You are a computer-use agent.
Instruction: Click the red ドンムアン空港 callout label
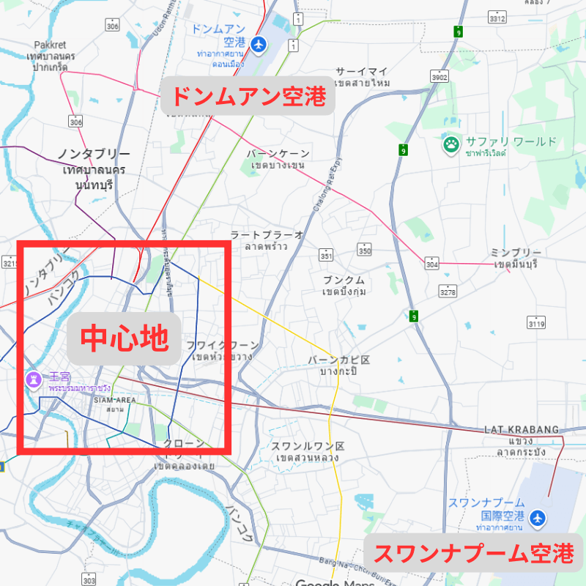tap(248, 96)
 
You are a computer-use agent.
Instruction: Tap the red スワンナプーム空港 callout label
tap(473, 554)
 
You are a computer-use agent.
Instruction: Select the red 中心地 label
tap(125, 338)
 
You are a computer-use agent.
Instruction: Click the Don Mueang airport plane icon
tap(257, 45)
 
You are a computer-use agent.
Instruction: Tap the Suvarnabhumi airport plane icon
tap(538, 518)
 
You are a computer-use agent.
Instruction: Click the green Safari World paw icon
tap(450, 144)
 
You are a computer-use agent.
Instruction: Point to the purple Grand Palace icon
tap(32, 379)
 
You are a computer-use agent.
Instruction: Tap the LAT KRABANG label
tap(521, 429)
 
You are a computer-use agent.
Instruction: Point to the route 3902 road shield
tap(439, 77)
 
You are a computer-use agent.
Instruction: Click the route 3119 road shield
tap(537, 323)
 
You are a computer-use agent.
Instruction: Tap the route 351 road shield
tap(326, 255)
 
